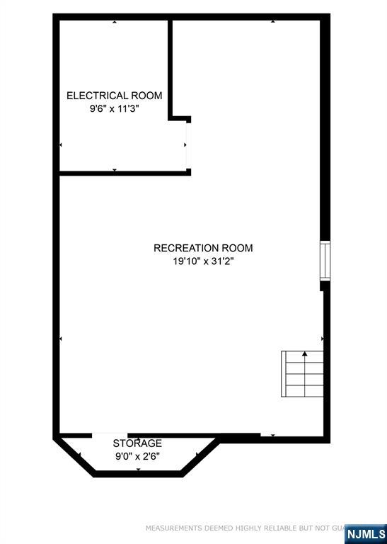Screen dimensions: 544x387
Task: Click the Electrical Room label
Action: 114,96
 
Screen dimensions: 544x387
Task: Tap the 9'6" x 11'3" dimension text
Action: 114,109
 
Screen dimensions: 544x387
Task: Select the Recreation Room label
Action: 203,248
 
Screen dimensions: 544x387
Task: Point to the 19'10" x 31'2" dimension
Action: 203,261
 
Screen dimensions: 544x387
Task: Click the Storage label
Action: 137,443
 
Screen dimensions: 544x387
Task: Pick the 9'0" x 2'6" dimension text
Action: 137,456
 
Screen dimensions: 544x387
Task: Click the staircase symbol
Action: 304,374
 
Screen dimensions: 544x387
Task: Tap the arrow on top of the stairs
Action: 305,353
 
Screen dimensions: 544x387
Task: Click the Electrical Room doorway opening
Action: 187,144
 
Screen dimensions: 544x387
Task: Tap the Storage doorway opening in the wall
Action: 110,435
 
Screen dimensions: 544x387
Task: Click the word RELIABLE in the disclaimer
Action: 271,528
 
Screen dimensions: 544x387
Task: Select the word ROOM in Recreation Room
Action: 237,248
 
